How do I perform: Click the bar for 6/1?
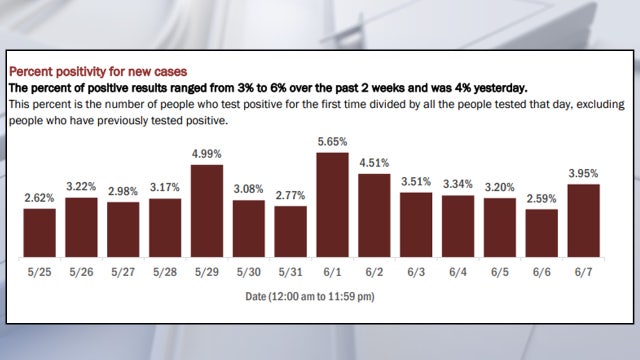pyautogui.click(x=332, y=201)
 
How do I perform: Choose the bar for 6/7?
pyautogui.click(x=583, y=216)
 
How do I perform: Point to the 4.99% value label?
pyautogui.click(x=206, y=154)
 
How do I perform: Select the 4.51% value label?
pyautogui.click(x=374, y=163)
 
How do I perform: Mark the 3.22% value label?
pyautogui.click(x=81, y=187)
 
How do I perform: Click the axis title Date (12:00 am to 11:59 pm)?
pyautogui.click(x=310, y=298)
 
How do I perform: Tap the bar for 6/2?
pyautogui.click(x=374, y=211)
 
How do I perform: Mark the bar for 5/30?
pyautogui.click(x=248, y=225)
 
